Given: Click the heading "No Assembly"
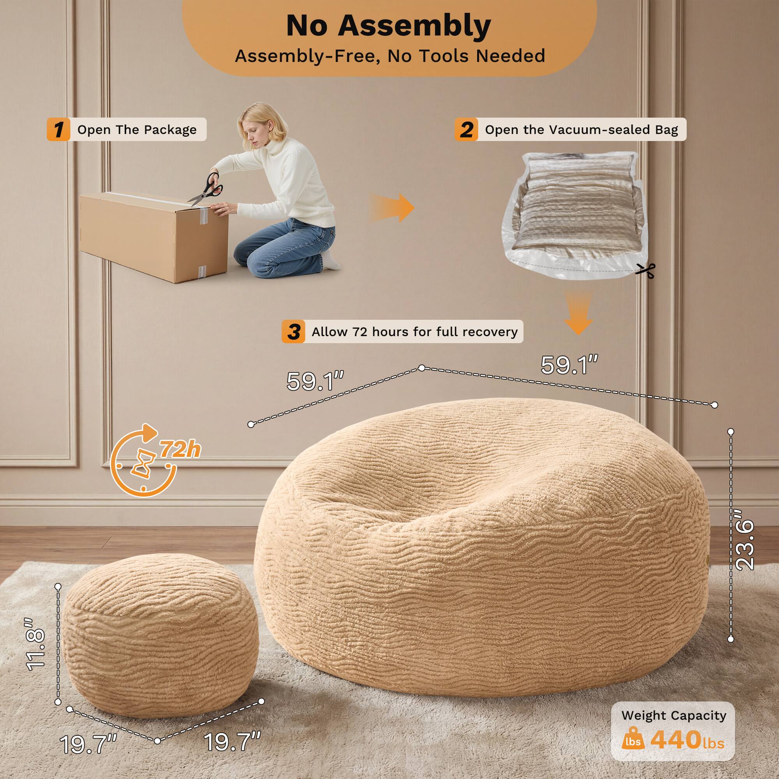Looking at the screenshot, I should click(388, 26).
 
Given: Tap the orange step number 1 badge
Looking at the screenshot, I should click(58, 129).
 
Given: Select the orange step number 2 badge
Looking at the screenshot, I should click(467, 129).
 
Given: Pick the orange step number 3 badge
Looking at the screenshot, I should click(294, 331).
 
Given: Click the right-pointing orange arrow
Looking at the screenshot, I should click(393, 208).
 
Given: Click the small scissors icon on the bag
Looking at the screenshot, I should click(645, 271).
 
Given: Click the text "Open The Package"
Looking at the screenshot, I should click(137, 129).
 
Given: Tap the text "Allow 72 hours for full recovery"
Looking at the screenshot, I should click(414, 331).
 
